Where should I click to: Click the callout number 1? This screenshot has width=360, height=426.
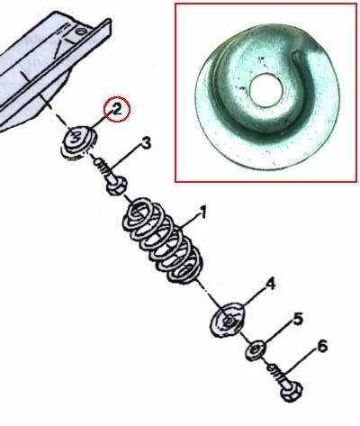[x=203, y=213]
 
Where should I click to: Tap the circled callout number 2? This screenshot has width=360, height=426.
[x=117, y=110]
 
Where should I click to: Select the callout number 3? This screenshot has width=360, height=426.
[x=146, y=144]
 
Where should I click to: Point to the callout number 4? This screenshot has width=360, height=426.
[x=270, y=285]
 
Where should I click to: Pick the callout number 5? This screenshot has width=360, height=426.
[x=298, y=320]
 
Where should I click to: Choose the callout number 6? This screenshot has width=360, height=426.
[x=322, y=348]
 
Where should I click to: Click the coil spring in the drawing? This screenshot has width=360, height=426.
[x=161, y=240]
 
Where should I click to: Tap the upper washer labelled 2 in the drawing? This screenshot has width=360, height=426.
[x=79, y=141]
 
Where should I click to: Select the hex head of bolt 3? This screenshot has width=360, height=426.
[x=117, y=186]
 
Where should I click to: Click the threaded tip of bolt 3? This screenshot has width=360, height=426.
[x=100, y=164]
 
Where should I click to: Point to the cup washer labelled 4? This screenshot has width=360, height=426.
[x=228, y=321]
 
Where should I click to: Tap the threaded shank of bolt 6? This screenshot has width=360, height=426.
[x=276, y=372]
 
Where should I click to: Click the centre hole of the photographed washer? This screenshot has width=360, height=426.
[x=266, y=90]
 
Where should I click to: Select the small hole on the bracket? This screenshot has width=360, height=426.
[x=80, y=31]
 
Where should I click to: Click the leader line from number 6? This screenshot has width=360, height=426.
[x=303, y=364]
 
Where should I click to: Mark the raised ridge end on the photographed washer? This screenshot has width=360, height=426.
[x=297, y=54]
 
